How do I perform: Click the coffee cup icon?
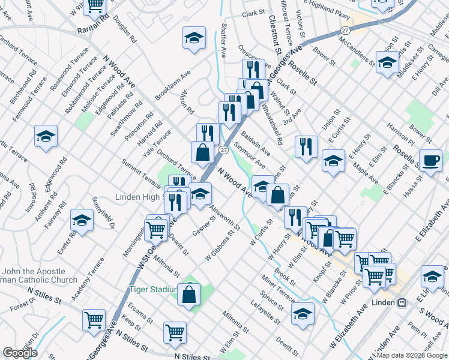pyautogui.click(x=430, y=161)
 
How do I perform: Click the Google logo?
pyautogui.click(x=20, y=352)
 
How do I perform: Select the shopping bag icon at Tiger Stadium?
pyautogui.click(x=189, y=295)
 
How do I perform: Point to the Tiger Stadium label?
pyautogui.click(x=153, y=290)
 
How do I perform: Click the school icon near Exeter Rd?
pyautogui.click(x=82, y=220)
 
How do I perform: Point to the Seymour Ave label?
pyautogui.click(x=250, y=155)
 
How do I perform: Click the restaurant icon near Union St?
pyautogui.click(x=306, y=146)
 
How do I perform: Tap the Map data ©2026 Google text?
pyautogui.click(x=411, y=355)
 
